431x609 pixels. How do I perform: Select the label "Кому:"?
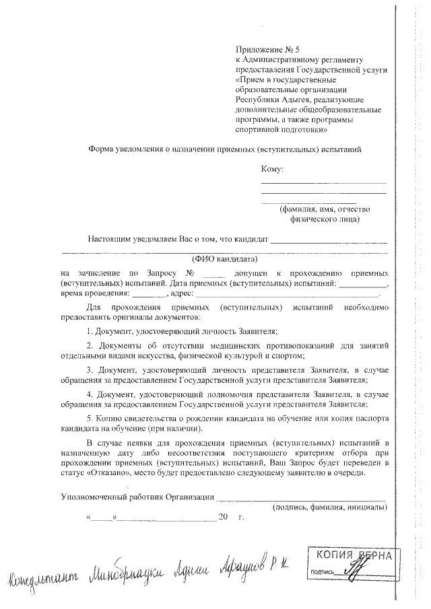point(271,169)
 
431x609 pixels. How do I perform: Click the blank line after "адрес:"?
point(288,294)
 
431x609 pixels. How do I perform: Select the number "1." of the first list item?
point(90,331)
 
